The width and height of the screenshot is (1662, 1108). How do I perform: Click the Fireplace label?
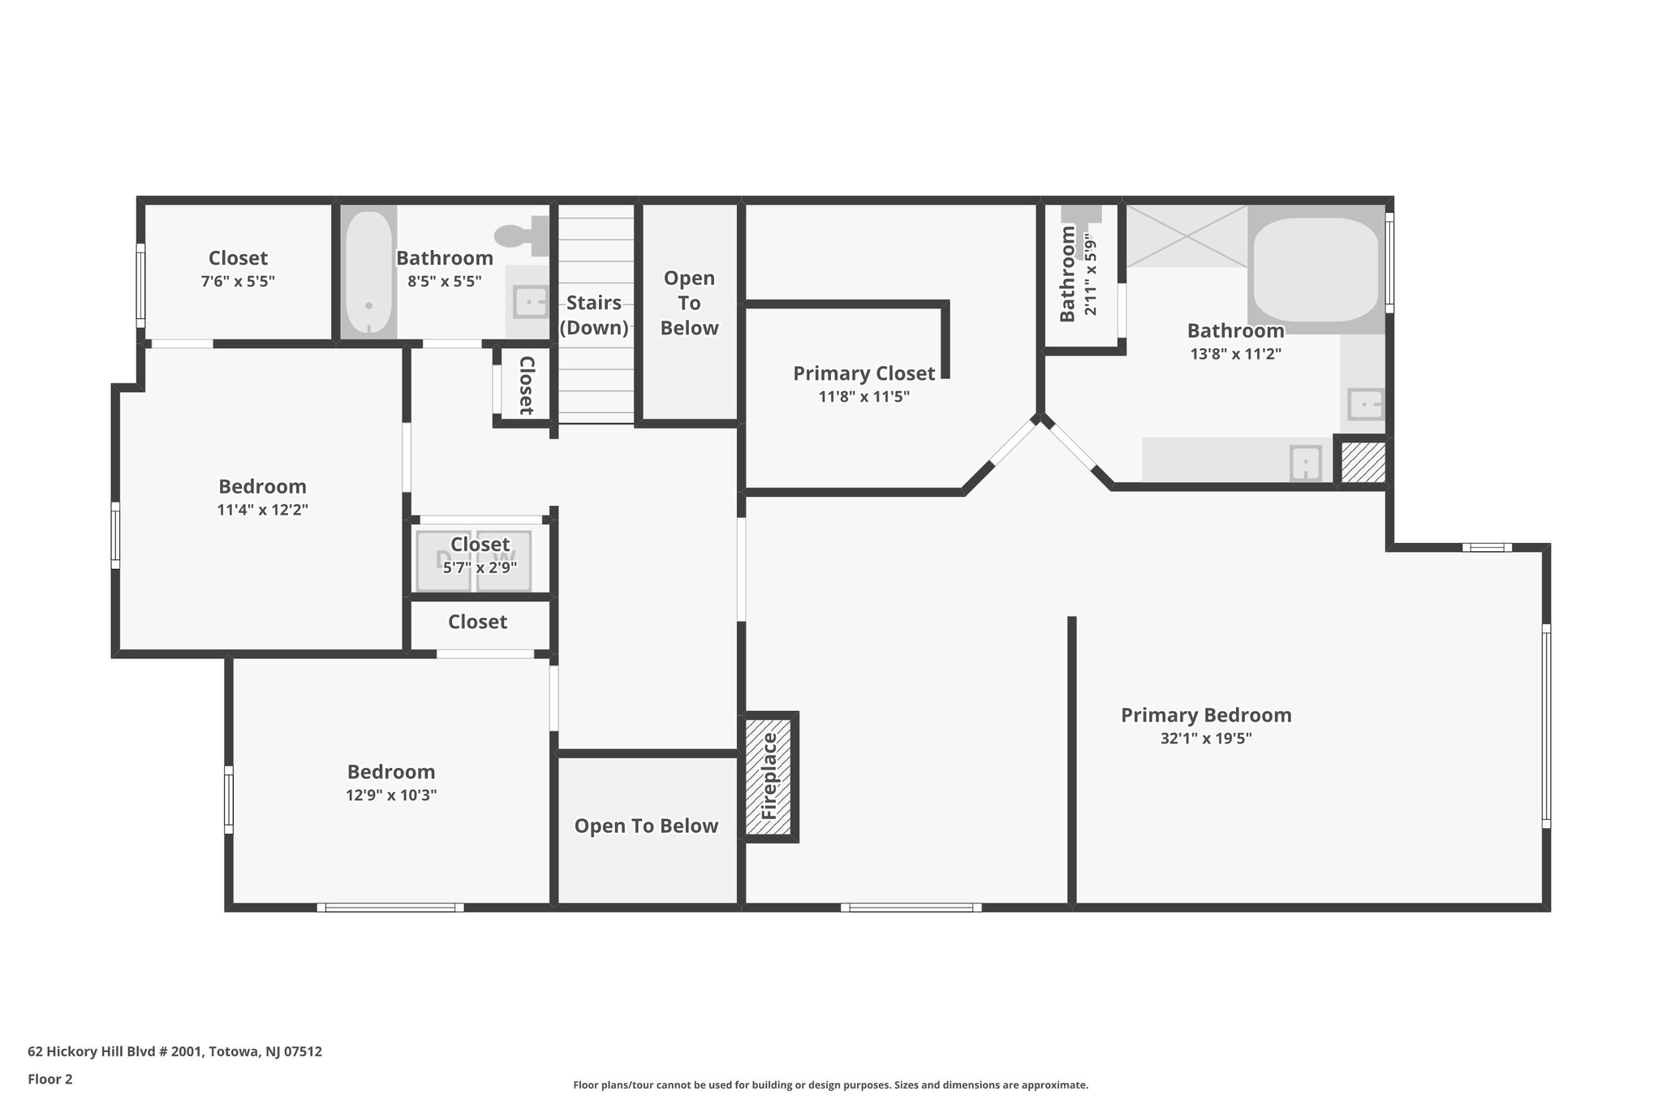(769, 776)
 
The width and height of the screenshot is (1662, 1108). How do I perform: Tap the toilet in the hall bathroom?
(521, 234)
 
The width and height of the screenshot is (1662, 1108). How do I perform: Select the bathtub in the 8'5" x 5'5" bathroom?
(368, 272)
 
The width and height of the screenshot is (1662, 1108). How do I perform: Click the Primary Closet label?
(864, 373)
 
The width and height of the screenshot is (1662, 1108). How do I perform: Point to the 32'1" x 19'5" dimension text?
(1206, 739)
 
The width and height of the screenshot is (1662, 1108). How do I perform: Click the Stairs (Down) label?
(594, 315)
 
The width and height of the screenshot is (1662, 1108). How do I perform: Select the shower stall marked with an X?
(1186, 235)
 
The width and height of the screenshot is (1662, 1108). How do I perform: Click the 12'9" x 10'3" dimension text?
(391, 795)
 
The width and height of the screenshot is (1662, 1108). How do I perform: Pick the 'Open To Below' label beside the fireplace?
(647, 826)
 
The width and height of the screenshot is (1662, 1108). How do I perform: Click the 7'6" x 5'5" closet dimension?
(238, 282)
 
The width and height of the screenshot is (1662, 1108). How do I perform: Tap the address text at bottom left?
(175, 1051)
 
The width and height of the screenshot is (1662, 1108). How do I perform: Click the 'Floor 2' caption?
(50, 1079)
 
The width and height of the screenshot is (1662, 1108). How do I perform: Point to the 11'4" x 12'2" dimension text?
(263, 510)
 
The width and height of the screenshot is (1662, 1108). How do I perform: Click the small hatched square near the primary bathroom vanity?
(1363, 463)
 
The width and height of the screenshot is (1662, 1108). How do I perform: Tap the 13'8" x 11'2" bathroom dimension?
(1236, 354)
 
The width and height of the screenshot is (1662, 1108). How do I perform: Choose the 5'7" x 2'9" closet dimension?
(480, 567)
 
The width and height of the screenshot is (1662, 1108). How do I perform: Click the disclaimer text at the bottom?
(831, 1084)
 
